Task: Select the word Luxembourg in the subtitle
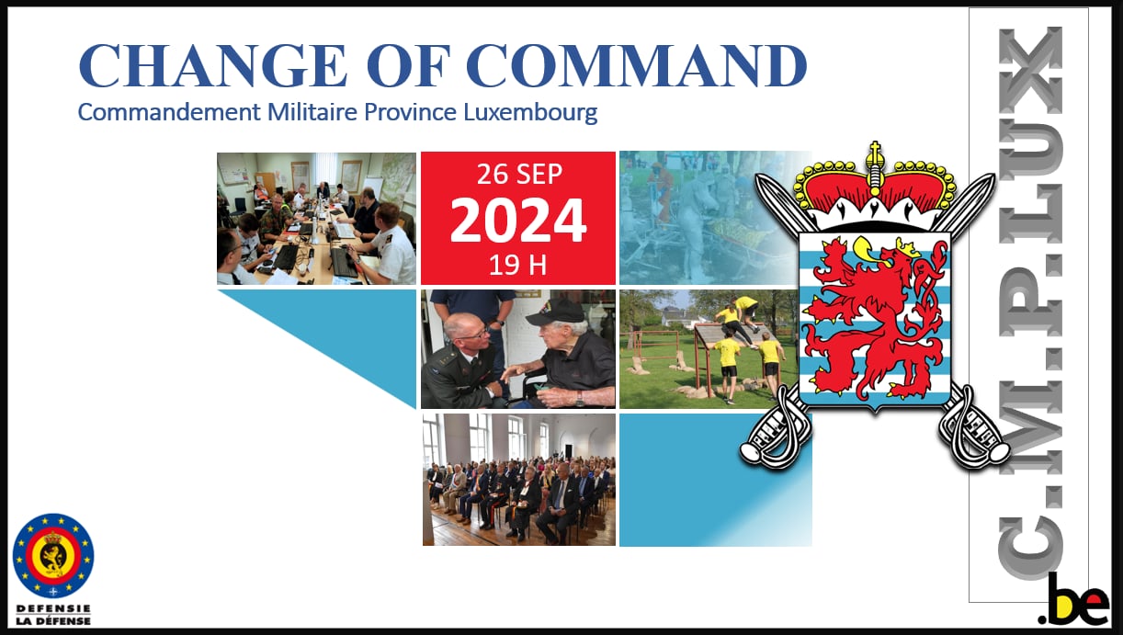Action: tap(530, 112)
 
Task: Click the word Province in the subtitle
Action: tap(410, 112)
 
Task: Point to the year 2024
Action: tap(518, 221)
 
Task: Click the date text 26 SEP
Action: tap(519, 174)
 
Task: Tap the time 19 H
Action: tap(517, 266)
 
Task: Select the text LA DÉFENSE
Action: tap(53, 621)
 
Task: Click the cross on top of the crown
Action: tap(875, 151)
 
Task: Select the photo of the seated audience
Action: tap(519, 479)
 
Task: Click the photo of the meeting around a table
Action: tap(316, 219)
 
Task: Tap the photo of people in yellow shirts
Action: tap(709, 349)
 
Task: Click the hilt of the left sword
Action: tap(775, 431)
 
